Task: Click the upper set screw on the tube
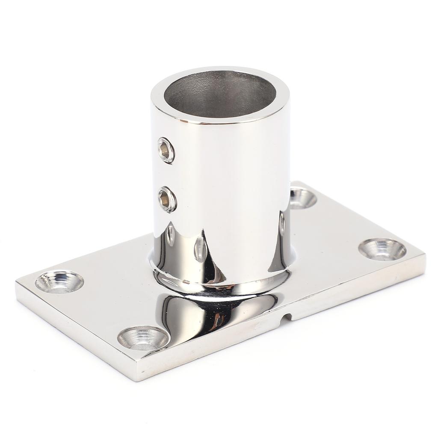pyautogui.click(x=166, y=150)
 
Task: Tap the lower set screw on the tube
pyautogui.click(x=167, y=199)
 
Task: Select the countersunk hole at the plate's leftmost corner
pyautogui.click(x=59, y=282)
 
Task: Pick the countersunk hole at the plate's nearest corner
pyautogui.click(x=143, y=337)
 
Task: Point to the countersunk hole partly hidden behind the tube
pyautogui.click(x=303, y=198)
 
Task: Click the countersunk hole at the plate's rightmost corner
pyautogui.click(x=382, y=249)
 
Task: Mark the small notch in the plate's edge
pyautogui.click(x=289, y=317)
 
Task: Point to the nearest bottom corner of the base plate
pyautogui.click(x=138, y=379)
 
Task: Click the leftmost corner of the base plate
pyautogui.click(x=17, y=283)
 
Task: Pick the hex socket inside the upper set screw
pyautogui.click(x=165, y=150)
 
